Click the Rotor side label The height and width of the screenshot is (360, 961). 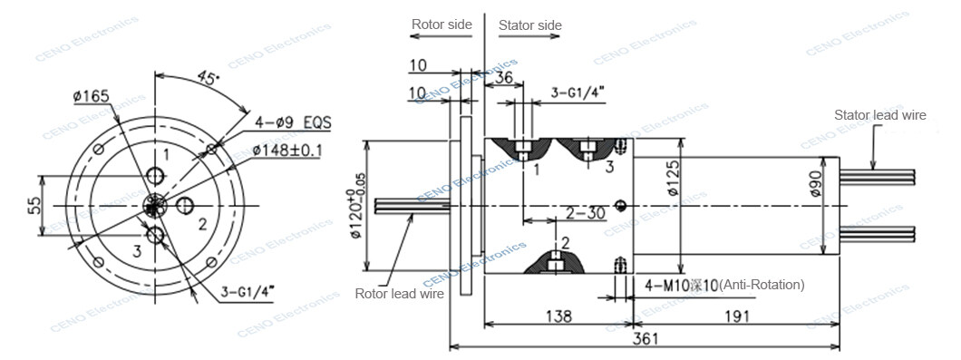(x=442, y=24)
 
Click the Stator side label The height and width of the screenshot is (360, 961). (x=530, y=25)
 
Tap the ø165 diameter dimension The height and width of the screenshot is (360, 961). (x=91, y=96)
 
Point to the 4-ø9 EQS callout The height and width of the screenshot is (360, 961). (x=293, y=122)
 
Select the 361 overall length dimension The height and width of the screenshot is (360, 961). (x=644, y=338)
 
